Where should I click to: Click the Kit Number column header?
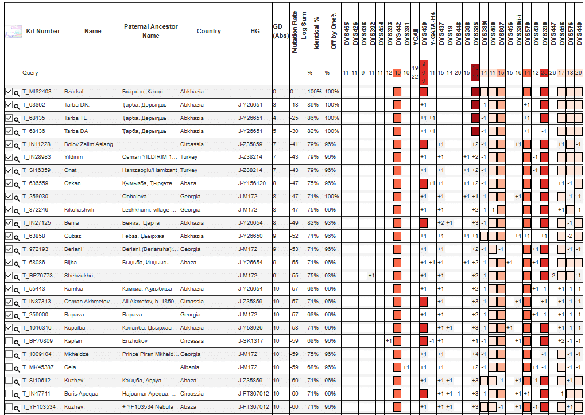click(x=43, y=31)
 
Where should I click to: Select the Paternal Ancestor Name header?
click(x=150, y=31)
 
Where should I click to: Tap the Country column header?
click(x=208, y=31)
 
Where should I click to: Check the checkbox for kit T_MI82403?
click(x=8, y=92)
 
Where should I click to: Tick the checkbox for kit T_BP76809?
click(x=8, y=341)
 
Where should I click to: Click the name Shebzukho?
click(x=78, y=276)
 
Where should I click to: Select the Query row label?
click(x=30, y=73)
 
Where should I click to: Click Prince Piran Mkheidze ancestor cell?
click(x=150, y=354)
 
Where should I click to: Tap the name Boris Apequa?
click(x=81, y=394)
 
